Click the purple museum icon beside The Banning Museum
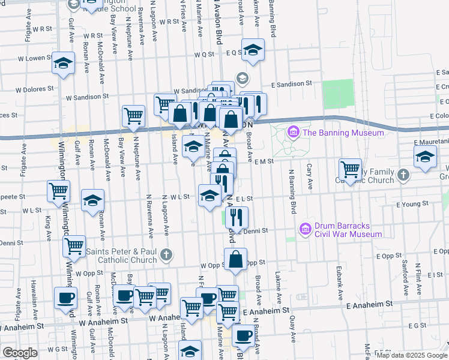294,132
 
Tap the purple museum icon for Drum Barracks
306,229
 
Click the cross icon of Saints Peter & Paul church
166,256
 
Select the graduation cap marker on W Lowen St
63,63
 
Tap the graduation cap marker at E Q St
253,50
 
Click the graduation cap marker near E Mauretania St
425,157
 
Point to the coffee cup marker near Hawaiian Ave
65,297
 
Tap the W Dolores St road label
35,89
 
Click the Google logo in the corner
20,353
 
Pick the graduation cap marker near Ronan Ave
92,201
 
